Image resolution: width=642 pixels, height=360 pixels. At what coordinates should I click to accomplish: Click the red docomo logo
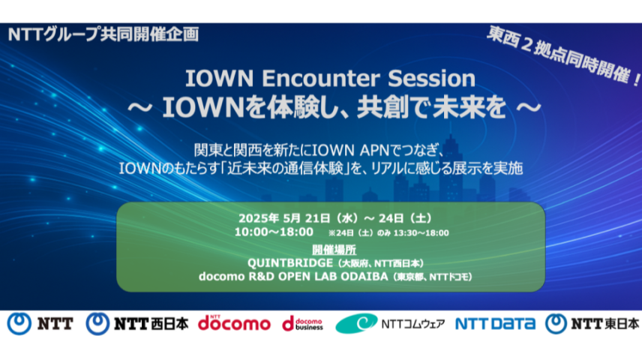point(234,323)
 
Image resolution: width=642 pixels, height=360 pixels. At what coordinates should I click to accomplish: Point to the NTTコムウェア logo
point(389,323)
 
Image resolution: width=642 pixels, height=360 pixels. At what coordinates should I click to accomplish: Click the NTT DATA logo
point(495,323)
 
